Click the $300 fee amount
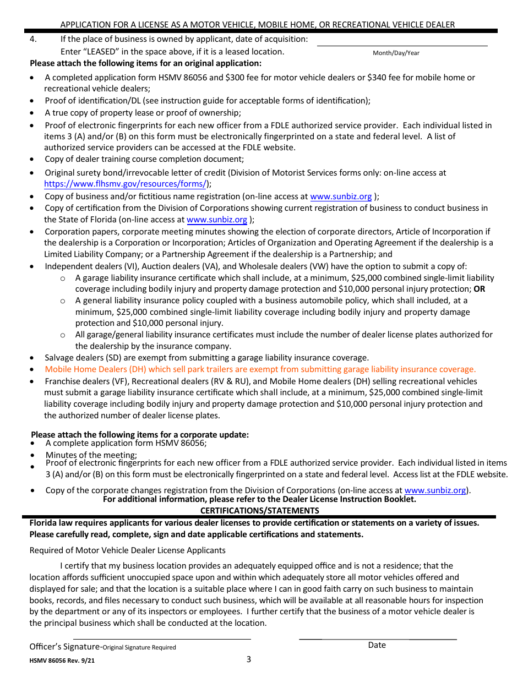tap(234, 78)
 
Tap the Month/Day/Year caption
tap(396, 53)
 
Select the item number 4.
tap(33, 39)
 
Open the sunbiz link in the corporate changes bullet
tap(435, 490)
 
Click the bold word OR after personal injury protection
tap(479, 289)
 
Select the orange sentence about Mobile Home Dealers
tap(260, 369)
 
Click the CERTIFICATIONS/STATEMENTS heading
tap(259, 510)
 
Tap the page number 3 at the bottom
tap(249, 659)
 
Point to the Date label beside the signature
tap(377, 645)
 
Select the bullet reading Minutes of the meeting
tap(91, 455)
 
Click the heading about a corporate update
tap(140, 435)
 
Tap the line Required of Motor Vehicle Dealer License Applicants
tap(127, 550)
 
